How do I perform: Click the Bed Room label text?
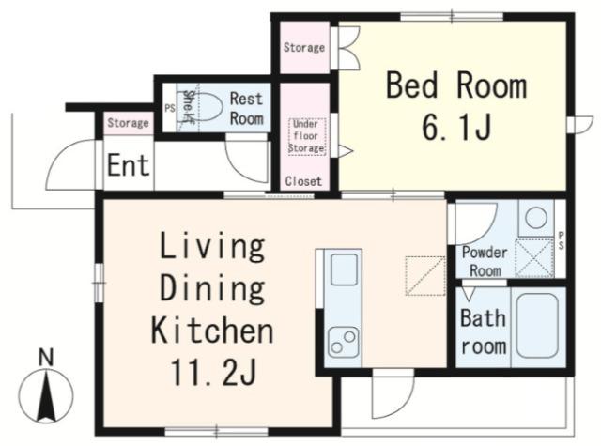pyautogui.click(x=456, y=85)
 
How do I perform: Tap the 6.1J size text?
pyautogui.click(x=456, y=127)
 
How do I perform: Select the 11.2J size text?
pyautogui.click(x=213, y=373)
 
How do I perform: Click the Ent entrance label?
pyautogui.click(x=128, y=165)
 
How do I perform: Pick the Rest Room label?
pyautogui.click(x=246, y=109)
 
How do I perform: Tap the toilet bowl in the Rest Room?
pyautogui.click(x=204, y=107)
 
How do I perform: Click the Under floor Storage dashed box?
pyautogui.click(x=307, y=136)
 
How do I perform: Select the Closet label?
pyautogui.click(x=303, y=181)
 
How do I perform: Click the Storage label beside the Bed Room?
pyautogui.click(x=304, y=48)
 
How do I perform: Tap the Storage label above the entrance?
pyautogui.click(x=128, y=123)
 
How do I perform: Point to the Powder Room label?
pyautogui.click(x=485, y=262)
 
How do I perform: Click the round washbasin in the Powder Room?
pyautogui.click(x=536, y=218)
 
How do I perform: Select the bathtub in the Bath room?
pyautogui.click(x=536, y=326)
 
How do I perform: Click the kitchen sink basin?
pyautogui.click(x=345, y=269)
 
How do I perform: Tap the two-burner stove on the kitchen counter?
pyautogui.click(x=344, y=343)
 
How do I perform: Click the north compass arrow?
pyautogui.click(x=46, y=396)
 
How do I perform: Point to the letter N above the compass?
pyautogui.click(x=46, y=358)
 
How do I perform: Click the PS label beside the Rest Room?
pyautogui.click(x=170, y=108)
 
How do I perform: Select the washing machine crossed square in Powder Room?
pyautogui.click(x=534, y=258)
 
